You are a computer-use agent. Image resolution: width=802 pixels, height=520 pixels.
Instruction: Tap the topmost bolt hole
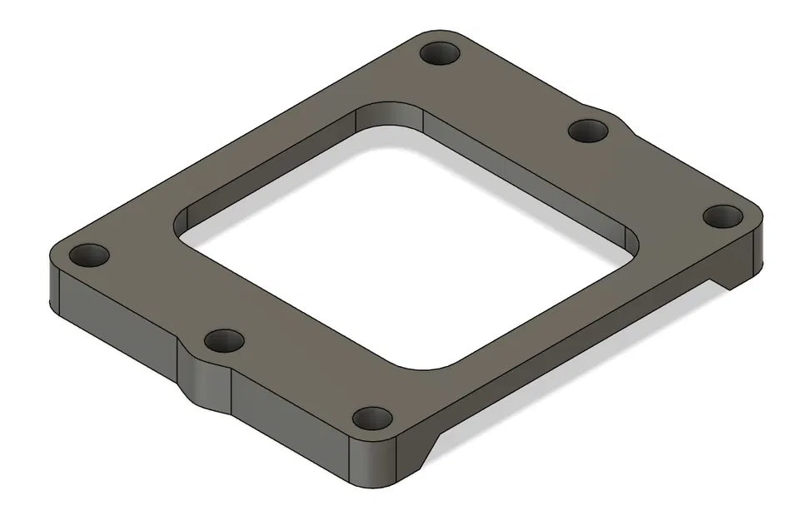coord(441,56)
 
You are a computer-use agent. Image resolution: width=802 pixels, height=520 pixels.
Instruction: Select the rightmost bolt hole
coord(722,215)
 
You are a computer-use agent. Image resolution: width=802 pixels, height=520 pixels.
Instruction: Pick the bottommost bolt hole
coord(371,418)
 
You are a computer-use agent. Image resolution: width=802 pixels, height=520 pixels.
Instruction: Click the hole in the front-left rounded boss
coord(223,340)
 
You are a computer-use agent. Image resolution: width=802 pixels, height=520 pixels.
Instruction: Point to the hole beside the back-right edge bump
coord(589,131)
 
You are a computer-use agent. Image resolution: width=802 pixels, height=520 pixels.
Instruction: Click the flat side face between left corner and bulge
coord(117,324)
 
